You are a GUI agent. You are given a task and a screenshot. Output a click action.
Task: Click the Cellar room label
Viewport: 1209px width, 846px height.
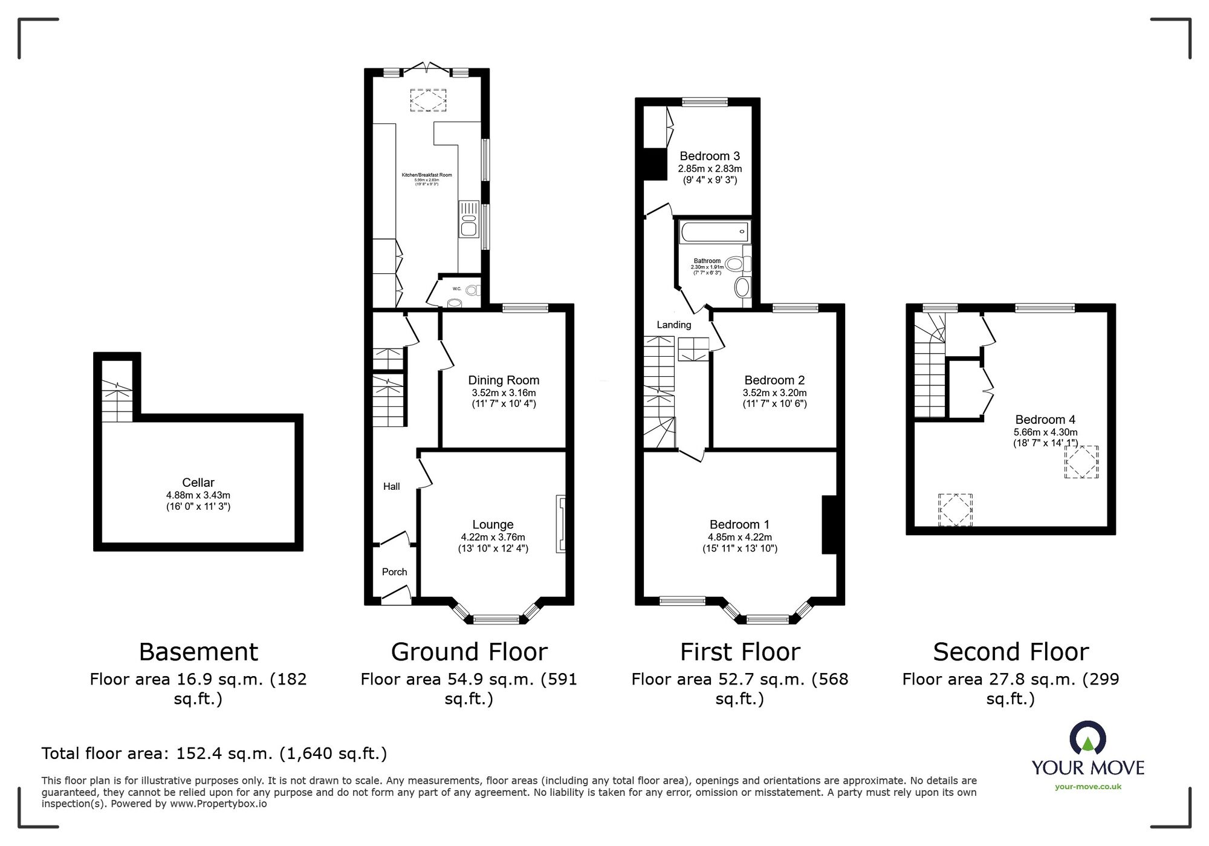[x=198, y=483]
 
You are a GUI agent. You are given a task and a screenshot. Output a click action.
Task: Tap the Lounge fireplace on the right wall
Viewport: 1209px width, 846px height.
[x=561, y=524]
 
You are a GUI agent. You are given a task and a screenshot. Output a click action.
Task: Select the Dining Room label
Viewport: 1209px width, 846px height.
[x=504, y=380]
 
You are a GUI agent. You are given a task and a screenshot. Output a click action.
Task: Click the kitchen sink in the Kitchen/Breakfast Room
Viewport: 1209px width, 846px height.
[x=468, y=219]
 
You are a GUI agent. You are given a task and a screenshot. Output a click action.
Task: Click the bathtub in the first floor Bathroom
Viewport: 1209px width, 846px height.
[x=714, y=232]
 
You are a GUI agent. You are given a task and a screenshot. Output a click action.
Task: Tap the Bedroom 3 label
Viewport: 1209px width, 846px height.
[x=710, y=156]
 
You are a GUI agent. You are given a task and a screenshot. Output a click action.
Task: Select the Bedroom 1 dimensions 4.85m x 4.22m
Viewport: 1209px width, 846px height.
[x=740, y=537]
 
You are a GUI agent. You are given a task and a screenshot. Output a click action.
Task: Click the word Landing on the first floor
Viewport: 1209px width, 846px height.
[x=674, y=325]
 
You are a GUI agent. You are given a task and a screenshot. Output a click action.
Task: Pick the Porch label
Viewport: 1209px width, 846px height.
[x=394, y=571]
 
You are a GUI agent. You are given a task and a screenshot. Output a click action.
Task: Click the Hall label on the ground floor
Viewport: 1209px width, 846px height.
[x=391, y=486]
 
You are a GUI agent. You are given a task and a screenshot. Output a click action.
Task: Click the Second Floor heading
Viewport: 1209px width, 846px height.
[x=1011, y=652]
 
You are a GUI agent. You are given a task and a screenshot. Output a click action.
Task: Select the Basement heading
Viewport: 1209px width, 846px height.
[x=198, y=652]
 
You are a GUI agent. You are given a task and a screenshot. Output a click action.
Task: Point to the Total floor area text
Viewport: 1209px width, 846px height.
[x=214, y=753]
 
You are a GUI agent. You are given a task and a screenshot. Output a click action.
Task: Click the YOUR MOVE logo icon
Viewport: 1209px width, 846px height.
[x=1087, y=737]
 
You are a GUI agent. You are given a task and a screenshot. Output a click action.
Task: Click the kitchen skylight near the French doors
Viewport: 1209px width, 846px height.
[x=429, y=100]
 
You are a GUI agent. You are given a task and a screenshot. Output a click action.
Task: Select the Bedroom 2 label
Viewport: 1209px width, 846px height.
[x=774, y=380]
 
